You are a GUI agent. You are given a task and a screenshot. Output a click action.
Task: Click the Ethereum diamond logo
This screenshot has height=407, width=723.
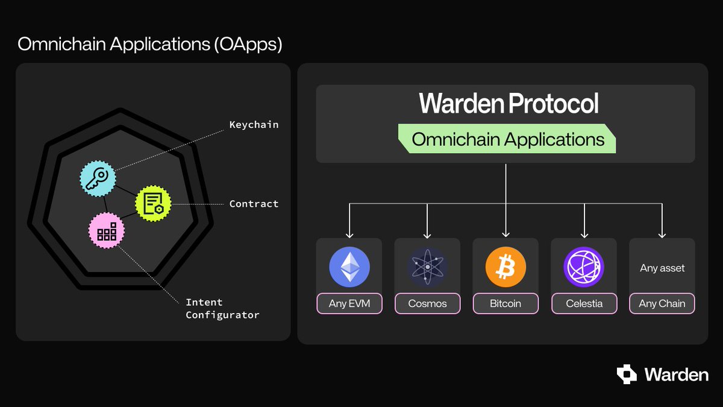click(349, 267)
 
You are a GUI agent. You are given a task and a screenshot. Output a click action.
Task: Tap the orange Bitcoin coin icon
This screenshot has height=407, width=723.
click(505, 267)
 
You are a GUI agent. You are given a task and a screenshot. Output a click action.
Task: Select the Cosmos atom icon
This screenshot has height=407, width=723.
click(427, 267)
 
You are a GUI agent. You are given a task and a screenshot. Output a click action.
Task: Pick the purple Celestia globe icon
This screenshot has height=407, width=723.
click(584, 267)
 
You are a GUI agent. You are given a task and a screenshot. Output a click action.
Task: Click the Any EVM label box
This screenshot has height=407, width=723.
click(349, 303)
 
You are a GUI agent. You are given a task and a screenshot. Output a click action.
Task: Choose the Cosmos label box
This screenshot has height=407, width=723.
click(427, 303)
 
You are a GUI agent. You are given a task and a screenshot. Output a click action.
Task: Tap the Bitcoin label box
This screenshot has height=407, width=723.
click(505, 303)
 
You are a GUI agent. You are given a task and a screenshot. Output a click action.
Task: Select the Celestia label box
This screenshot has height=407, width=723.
click(584, 303)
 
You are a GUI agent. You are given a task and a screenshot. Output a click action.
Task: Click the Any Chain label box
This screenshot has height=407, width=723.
click(662, 303)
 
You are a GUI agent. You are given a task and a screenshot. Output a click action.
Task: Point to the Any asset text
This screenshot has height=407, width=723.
click(662, 268)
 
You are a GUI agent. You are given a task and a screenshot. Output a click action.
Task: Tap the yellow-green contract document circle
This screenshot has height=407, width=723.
click(153, 204)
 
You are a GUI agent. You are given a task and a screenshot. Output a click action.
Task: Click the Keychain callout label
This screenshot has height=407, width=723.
click(254, 125)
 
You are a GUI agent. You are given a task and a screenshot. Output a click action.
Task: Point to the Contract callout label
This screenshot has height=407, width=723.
click(254, 204)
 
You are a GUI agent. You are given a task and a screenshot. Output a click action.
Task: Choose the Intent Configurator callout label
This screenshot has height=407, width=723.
click(222, 309)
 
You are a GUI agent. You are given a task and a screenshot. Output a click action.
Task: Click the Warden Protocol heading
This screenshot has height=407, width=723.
click(509, 104)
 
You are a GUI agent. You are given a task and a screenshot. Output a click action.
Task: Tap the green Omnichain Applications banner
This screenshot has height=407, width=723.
click(507, 139)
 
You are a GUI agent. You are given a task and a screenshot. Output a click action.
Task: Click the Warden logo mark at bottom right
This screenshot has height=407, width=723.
click(627, 374)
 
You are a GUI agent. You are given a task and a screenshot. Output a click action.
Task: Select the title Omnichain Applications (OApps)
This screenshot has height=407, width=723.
click(150, 44)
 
